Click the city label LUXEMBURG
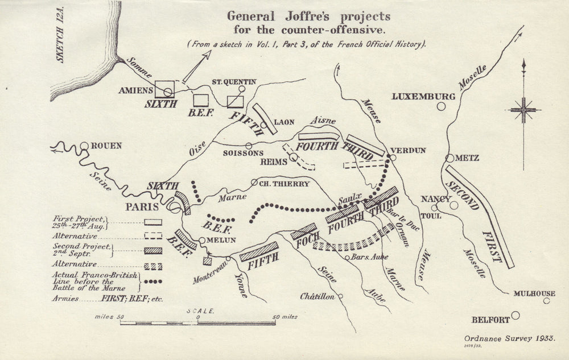(x=423, y=97)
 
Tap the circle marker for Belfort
(x=516, y=315)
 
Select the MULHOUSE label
(x=534, y=293)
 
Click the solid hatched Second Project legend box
(x=152, y=250)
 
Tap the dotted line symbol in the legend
(x=152, y=280)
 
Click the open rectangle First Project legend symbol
(x=152, y=222)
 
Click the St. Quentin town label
(x=234, y=82)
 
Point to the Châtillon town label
(x=318, y=296)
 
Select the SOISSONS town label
(x=244, y=154)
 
